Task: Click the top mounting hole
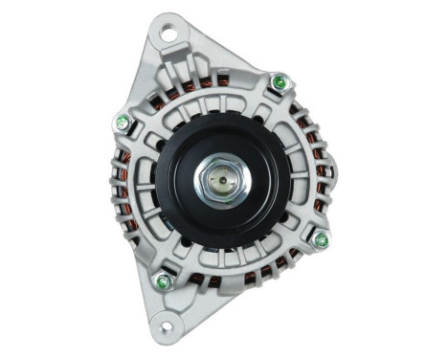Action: tap(168, 35)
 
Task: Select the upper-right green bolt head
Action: tap(279, 82)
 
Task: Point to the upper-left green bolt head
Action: tap(123, 122)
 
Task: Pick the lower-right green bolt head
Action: tap(321, 239)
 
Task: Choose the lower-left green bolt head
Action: tap(163, 281)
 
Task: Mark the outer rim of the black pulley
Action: tap(223, 111)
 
